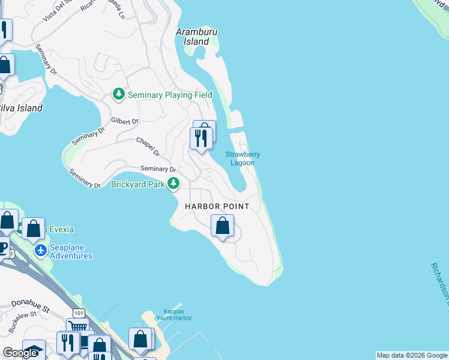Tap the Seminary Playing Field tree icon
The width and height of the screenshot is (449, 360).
coord(119,94)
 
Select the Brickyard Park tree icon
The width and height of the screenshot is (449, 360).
coord(173,184)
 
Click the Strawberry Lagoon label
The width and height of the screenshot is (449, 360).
coord(243,158)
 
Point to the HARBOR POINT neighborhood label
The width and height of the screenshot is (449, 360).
coord(217,206)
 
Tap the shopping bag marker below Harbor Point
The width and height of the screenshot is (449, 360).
coord(222,227)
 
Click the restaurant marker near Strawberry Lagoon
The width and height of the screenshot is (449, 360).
coord(200,139)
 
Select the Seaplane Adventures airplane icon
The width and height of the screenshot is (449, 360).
coord(41,250)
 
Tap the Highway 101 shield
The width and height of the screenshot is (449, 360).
coord(78,313)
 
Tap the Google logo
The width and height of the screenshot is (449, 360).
coord(20,353)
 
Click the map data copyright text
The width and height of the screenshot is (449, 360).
coord(412,355)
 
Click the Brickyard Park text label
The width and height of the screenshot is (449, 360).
coord(137,184)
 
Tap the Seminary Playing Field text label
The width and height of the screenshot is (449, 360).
coord(161,95)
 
